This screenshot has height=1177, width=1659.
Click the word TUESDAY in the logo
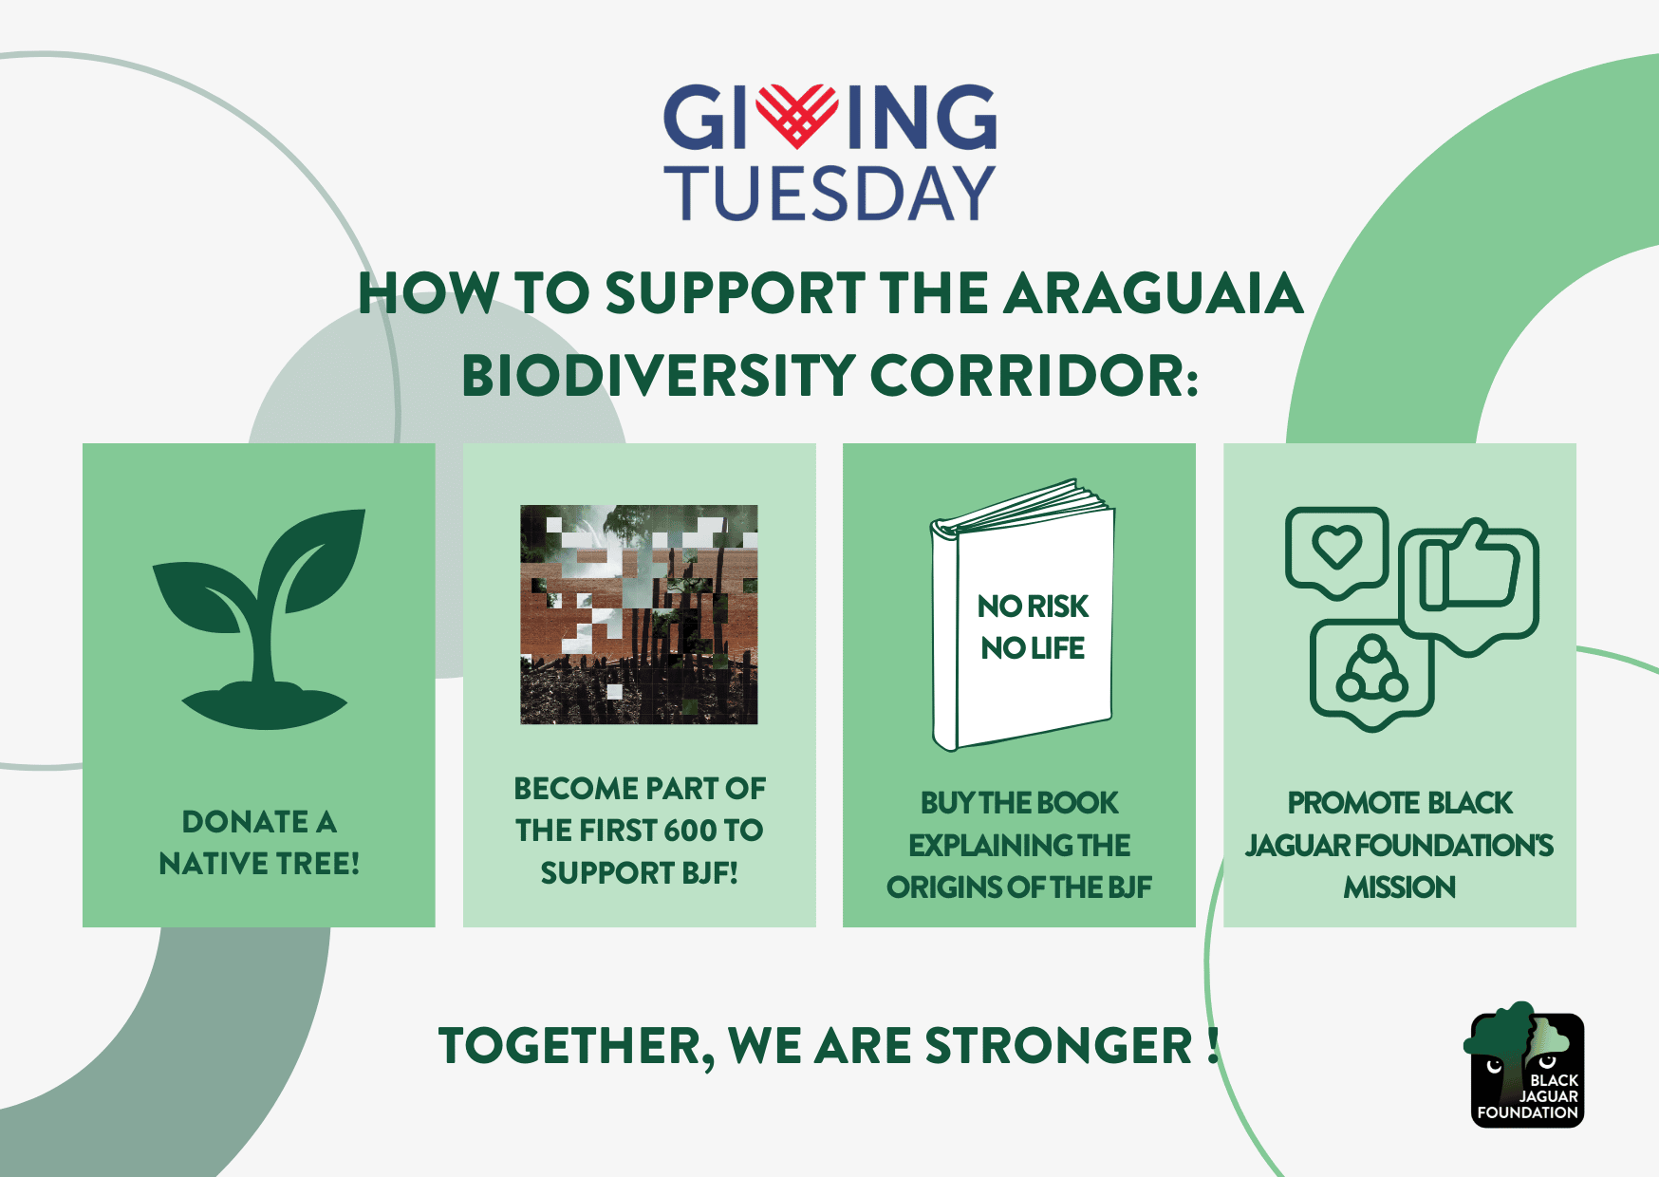829,193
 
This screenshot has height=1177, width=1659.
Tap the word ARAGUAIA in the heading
1153,292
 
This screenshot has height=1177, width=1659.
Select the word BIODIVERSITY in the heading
658,375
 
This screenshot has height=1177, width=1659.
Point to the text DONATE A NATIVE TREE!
259,842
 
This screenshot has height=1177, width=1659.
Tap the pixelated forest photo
639,614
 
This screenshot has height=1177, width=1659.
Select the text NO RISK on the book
1033,606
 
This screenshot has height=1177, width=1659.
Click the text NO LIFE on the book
1033,648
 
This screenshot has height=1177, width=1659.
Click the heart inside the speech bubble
1336,547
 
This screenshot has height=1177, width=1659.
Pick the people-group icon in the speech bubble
1371,670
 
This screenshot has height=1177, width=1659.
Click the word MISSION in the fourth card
1399,887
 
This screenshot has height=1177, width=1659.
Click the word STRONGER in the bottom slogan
1058,1046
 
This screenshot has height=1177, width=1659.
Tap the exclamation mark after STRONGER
1213,1044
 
